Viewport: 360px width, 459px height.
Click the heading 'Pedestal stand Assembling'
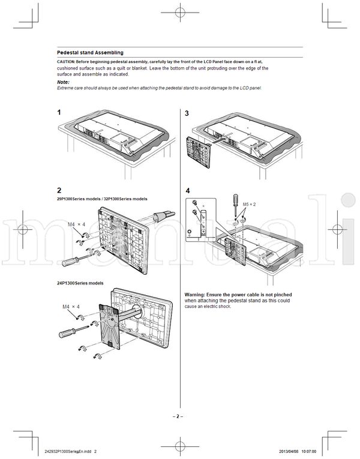coord(90,53)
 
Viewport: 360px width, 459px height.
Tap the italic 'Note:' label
coord(63,82)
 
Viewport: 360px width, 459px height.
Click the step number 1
coord(59,113)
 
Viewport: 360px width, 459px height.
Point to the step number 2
coord(59,190)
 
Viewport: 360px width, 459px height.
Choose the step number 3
coord(187,113)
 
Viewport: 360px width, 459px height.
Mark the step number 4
coord(188,191)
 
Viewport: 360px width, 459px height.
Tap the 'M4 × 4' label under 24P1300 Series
coord(71,307)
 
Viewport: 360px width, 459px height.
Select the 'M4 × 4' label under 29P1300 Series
coord(76,224)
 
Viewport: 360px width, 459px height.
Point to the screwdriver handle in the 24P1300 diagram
coord(65,331)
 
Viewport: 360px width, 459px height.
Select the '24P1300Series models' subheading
coord(80,283)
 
